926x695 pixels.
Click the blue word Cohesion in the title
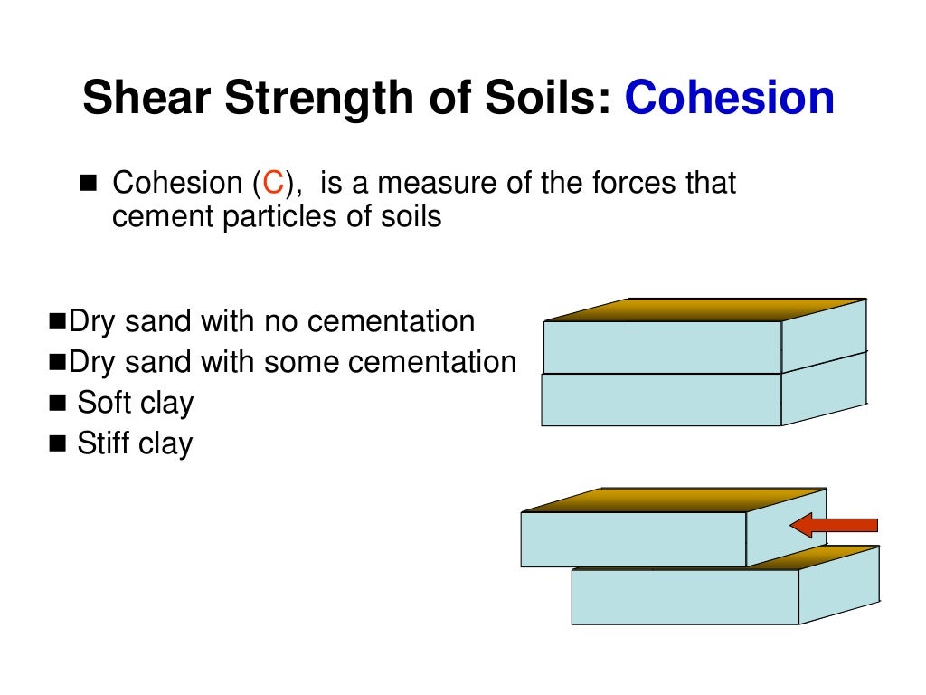pos(729,99)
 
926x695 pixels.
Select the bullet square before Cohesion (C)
pos(88,185)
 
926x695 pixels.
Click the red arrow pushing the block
pos(833,525)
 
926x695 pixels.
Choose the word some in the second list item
pos(304,362)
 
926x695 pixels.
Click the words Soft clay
pos(136,403)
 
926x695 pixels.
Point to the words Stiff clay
pos(135,444)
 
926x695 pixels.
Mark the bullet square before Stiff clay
pos(60,444)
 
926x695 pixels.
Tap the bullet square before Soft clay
pos(60,403)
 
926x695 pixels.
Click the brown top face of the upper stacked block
pos(705,309)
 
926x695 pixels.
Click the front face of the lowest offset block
pos(685,596)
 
